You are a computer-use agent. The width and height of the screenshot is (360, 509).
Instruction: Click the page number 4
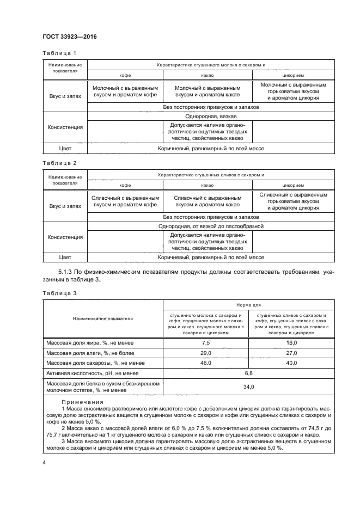point(44,462)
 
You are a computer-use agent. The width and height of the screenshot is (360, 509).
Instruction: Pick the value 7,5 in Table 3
point(205,342)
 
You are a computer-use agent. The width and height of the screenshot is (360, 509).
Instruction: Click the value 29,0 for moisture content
point(205,353)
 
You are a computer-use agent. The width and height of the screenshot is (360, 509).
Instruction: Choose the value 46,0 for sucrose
point(205,363)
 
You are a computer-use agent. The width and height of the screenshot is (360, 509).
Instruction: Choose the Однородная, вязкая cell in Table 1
point(210,116)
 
